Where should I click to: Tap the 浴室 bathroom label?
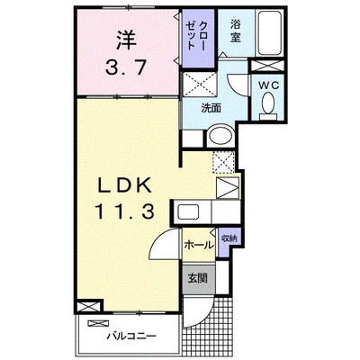235,31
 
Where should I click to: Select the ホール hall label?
196,244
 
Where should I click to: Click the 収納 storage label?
229,238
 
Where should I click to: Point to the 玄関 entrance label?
198,278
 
